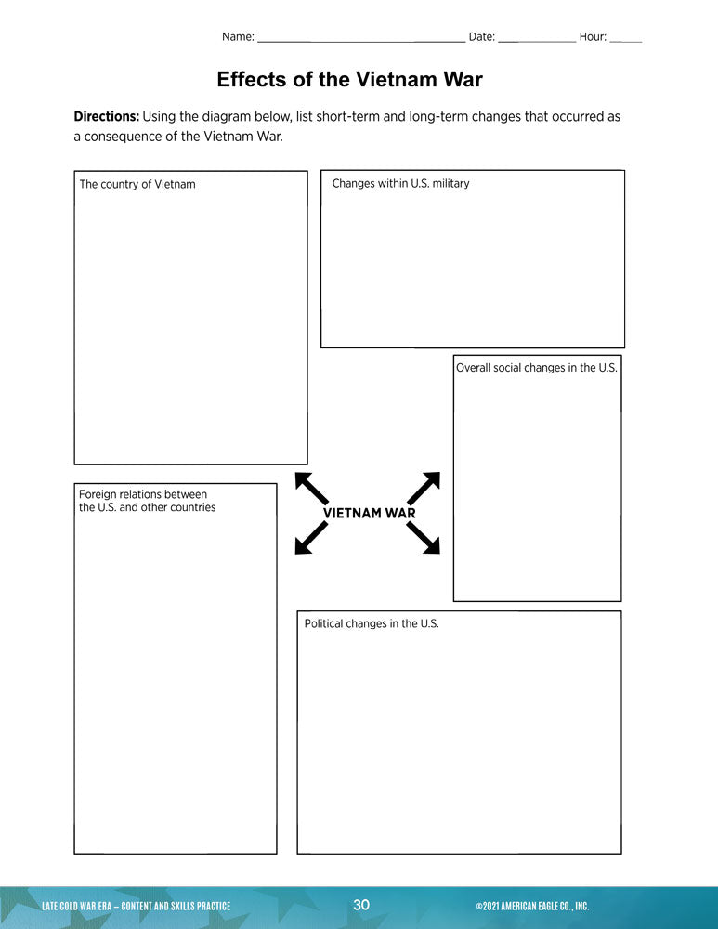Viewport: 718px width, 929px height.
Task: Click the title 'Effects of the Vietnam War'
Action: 349,80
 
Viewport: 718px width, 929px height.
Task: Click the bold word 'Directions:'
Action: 106,117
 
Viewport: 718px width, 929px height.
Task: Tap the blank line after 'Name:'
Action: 360,38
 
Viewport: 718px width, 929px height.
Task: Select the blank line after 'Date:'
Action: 537,38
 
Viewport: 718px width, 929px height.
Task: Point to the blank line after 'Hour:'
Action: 625,38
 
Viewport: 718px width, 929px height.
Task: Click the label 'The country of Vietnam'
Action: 137,184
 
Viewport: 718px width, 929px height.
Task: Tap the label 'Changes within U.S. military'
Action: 400,183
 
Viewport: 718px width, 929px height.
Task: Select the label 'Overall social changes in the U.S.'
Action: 536,368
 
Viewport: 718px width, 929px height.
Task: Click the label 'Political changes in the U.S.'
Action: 372,623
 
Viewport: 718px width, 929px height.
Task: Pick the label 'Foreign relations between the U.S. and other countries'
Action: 147,501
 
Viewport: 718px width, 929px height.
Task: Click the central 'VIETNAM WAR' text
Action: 369,513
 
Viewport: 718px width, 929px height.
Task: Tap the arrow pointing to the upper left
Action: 311,488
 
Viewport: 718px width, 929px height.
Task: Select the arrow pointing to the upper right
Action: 424,488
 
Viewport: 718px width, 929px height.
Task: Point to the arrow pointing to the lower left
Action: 311,538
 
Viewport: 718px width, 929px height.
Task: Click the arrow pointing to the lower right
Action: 424,538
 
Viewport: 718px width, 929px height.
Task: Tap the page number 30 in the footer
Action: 361,905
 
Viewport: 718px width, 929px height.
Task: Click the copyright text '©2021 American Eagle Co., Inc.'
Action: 532,906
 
